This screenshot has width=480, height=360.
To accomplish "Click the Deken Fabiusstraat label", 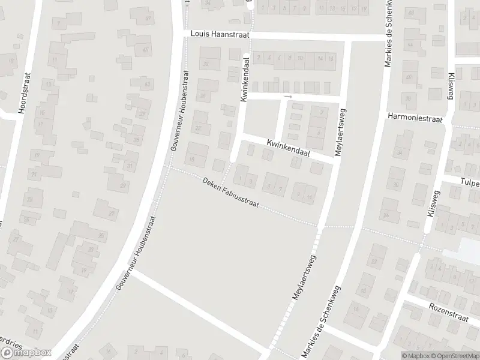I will tap(230, 193).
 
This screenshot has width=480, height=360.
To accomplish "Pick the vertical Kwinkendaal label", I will tap(245, 80).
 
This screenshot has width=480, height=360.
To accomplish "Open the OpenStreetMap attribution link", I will tap(452, 355).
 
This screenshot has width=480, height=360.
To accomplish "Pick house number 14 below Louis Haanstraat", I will tap(320, 58).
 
